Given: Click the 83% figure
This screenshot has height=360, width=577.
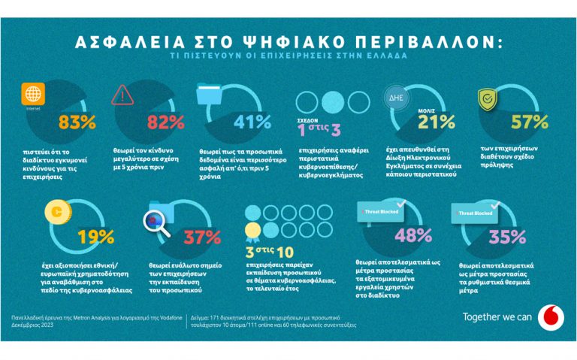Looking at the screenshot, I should point(77,122).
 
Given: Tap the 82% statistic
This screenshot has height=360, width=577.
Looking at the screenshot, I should point(166,122).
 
